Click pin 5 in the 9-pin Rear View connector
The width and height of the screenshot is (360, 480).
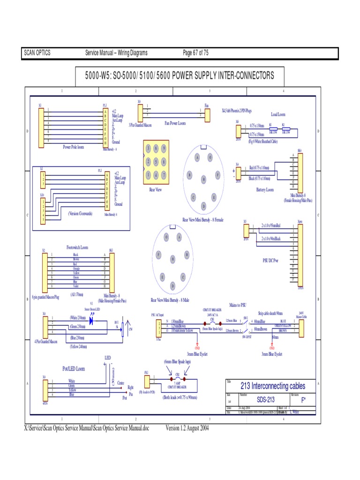156,162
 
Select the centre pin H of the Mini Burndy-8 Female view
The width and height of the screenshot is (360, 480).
203,179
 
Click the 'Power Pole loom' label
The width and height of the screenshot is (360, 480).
74,147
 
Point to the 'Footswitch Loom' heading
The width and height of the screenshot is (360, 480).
77,247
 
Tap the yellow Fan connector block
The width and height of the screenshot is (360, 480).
207,112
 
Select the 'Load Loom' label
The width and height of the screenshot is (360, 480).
278,114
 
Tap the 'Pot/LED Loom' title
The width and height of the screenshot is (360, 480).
74,369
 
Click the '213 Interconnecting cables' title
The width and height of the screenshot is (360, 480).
272,386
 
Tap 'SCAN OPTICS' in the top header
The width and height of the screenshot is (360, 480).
37,53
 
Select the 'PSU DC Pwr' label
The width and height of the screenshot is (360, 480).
270,260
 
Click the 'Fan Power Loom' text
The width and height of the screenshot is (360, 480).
175,123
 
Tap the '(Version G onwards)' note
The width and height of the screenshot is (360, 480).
80,213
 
